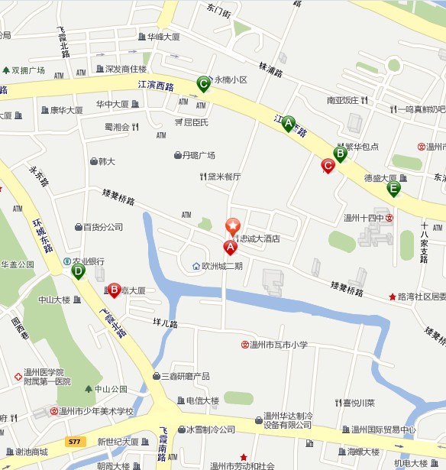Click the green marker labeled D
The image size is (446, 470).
78,271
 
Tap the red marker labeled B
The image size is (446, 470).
114,290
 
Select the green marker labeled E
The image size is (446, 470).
393,188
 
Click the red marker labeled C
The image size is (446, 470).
328,165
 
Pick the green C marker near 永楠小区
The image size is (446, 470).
203,83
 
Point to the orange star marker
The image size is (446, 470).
232,225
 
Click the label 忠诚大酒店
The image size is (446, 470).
260,238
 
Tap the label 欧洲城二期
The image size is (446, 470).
221,266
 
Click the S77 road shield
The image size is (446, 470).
74,442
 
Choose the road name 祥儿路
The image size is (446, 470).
165,324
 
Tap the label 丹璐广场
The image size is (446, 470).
198,155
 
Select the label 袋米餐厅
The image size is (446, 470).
224,177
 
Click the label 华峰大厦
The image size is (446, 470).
163,36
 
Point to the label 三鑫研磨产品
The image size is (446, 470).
185,376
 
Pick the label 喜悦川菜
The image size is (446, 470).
358,403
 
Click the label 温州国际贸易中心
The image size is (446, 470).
383,429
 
